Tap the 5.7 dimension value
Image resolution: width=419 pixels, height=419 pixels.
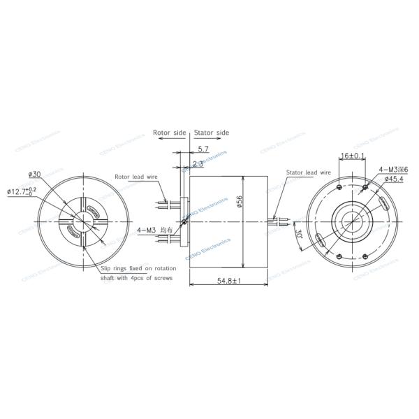click(x=203, y=149)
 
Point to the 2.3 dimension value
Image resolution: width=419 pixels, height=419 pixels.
click(x=198, y=163)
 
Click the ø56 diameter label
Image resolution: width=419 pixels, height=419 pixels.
click(x=240, y=202)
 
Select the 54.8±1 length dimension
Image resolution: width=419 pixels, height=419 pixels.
click(x=228, y=281)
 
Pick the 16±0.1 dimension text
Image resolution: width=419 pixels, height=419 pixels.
click(x=351, y=156)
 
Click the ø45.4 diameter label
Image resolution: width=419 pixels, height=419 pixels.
click(x=395, y=179)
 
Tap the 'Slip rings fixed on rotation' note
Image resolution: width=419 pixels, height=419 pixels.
click(x=138, y=268)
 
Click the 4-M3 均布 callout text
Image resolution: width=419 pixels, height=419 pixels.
click(x=155, y=229)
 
